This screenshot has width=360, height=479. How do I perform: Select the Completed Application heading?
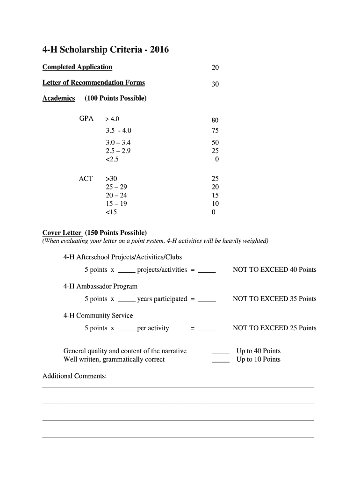[x=77, y=67]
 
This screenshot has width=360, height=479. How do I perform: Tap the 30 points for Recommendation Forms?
[x=215, y=84]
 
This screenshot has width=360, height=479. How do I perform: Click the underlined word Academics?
[x=58, y=98]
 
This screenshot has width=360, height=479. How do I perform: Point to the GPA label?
[x=86, y=119]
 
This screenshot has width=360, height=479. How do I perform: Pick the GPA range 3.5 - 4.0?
[x=118, y=131]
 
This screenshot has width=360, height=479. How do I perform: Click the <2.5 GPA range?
[x=112, y=160]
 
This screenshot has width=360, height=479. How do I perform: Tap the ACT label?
[x=86, y=179]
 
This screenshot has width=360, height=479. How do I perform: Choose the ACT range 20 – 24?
[x=116, y=196]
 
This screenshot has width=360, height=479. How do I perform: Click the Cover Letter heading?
[x=62, y=233]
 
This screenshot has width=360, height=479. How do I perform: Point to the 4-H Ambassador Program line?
[x=101, y=286]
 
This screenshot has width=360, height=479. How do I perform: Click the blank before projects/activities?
[x=127, y=270]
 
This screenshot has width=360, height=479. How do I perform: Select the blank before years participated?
[x=127, y=299]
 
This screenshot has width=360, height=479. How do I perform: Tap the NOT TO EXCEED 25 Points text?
[x=274, y=328]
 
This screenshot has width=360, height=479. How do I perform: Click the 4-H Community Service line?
[x=98, y=316]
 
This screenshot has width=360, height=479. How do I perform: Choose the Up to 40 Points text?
[x=258, y=351]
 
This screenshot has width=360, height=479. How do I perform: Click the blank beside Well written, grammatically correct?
[x=221, y=360]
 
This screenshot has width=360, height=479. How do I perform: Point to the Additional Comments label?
[x=75, y=376]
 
